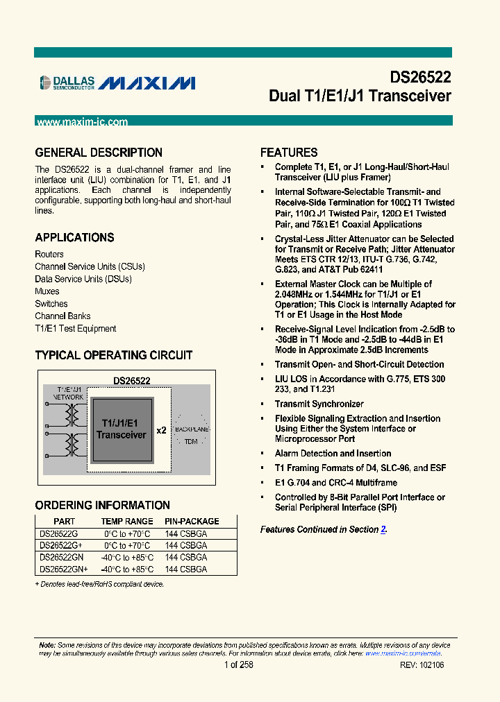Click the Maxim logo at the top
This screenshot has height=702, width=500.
pos(147,83)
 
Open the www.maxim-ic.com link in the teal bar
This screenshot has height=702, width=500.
pos(82,122)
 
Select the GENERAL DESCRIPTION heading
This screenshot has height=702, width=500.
pos(99,153)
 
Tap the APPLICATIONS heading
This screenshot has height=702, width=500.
pos(74,237)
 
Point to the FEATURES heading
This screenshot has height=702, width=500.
pos(289,153)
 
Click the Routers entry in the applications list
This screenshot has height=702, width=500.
pos(49,254)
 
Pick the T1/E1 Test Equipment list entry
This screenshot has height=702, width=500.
pos(76,329)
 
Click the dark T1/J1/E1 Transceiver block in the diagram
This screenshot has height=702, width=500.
pos(121,429)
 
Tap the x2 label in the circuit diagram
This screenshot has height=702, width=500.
pos(161,430)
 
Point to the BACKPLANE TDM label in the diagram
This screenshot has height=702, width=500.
pos(192,435)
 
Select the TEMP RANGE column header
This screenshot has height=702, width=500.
pos(127,522)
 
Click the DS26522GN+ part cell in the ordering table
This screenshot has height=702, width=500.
pos(63,569)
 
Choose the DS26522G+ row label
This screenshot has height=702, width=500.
pos(60,546)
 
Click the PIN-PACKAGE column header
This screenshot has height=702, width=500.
pos(192,522)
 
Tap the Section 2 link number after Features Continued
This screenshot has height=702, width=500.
pos(383,529)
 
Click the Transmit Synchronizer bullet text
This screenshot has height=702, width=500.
pos(319,404)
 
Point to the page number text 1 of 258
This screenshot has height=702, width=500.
pos(239,665)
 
